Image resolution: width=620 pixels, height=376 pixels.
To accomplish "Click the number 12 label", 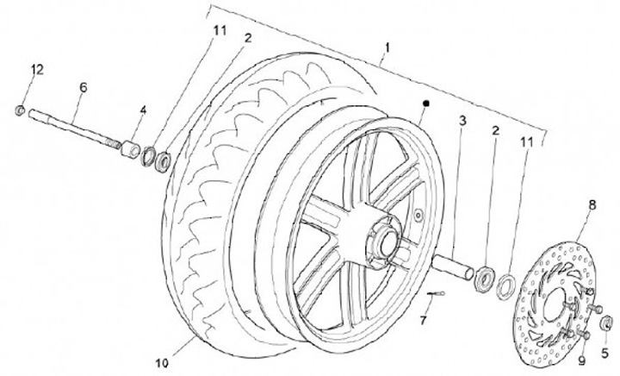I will [36, 68].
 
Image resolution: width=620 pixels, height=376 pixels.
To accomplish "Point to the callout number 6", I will [84, 87].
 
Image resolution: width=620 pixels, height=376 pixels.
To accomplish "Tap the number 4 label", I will [143, 110].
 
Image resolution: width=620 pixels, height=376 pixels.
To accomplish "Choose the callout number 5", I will [606, 352].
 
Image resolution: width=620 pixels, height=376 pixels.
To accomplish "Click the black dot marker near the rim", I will [425, 103].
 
